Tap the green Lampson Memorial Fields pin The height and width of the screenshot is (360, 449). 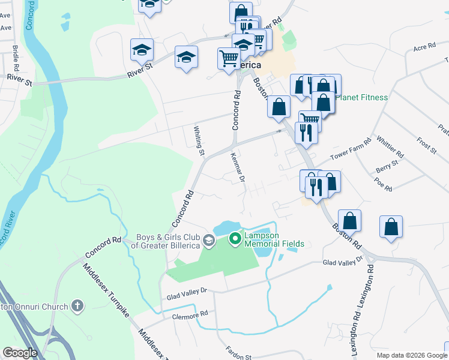coord(235,239)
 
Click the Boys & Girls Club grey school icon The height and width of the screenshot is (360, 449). coord(208,241)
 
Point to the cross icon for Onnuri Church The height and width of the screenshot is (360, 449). coord(76,307)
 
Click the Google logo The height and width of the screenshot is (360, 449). coord(20,353)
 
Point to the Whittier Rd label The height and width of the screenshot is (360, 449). coord(390,148)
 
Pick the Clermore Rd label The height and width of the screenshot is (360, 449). coord(190,314)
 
